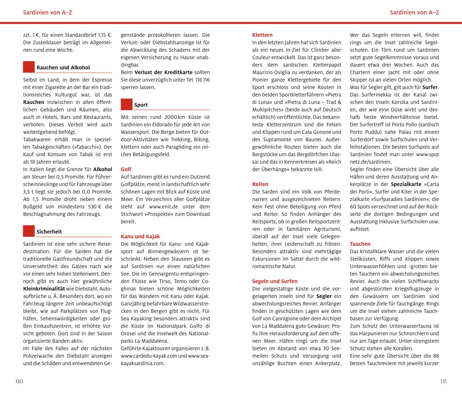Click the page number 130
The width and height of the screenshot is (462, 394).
point(19,382)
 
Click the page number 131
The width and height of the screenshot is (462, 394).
point(443,382)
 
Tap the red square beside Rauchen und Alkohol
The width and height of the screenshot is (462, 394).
point(29,67)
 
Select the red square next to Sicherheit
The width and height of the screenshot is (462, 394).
point(29,231)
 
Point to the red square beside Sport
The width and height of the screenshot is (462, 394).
point(127,104)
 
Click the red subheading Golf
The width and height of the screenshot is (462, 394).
point(126,169)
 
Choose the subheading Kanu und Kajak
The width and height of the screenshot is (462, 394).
point(140,236)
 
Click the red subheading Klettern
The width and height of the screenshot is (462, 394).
point(262,35)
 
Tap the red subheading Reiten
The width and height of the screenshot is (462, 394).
point(260,184)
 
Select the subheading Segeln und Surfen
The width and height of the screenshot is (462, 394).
point(275,281)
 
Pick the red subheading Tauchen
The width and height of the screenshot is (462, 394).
point(360,244)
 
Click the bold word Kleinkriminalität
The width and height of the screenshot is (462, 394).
point(44,289)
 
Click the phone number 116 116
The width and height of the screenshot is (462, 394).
point(202,80)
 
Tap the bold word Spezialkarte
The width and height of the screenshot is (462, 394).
point(406,184)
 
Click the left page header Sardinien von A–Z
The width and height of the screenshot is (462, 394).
point(48,13)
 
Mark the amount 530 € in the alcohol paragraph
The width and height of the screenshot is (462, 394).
point(95,207)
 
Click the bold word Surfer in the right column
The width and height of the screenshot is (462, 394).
point(430,87)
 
